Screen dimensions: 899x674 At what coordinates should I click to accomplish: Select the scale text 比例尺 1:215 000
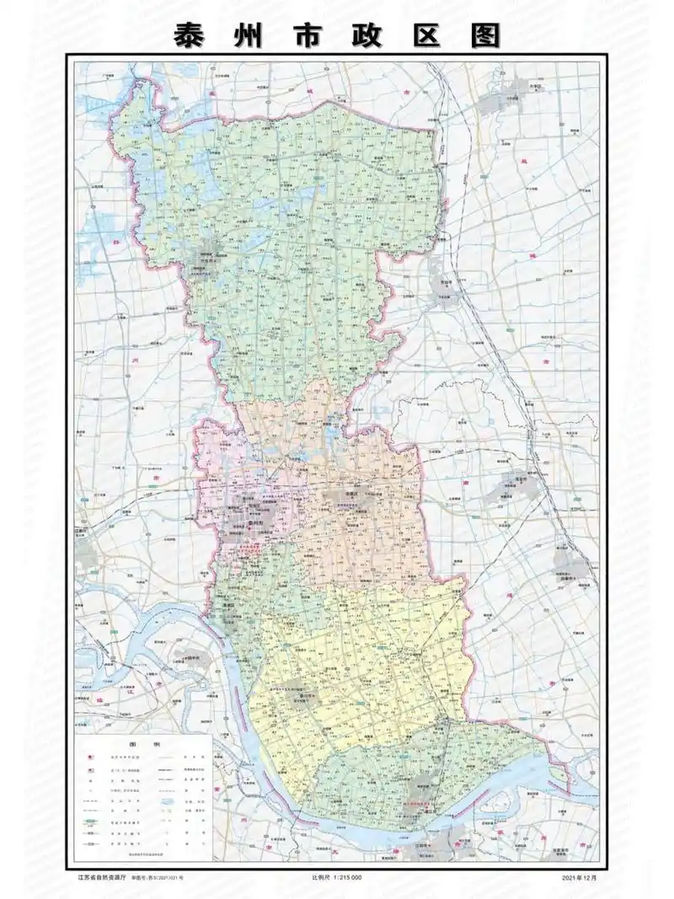click(x=336, y=878)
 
